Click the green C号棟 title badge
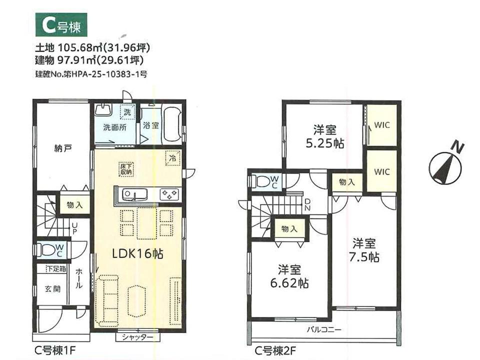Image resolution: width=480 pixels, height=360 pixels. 61,25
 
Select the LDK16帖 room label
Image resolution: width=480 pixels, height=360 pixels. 138,254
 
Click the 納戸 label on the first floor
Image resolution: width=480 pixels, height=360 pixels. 63,149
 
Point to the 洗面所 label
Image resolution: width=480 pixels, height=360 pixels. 115,127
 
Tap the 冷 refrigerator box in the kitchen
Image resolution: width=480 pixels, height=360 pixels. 173,158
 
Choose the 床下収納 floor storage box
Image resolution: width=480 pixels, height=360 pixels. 126,169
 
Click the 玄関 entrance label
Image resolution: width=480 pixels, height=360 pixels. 52,288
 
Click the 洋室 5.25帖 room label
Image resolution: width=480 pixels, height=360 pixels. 325,136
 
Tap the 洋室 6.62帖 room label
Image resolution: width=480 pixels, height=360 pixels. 289,276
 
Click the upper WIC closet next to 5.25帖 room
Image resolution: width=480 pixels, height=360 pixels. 381,125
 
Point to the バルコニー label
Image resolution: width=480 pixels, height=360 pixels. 324,329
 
